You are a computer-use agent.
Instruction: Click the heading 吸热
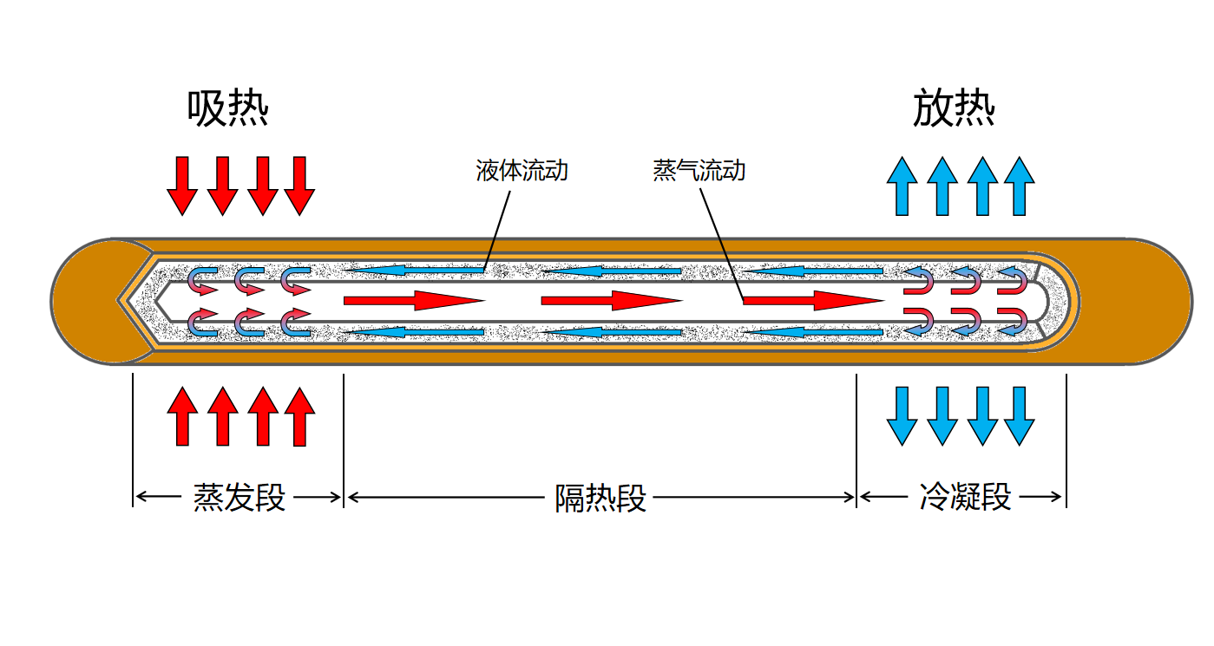(x=228, y=110)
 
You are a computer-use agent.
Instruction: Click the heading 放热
(x=954, y=110)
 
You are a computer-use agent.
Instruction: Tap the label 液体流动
(x=522, y=170)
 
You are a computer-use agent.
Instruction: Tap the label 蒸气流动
(x=699, y=170)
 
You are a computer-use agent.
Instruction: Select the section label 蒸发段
(x=239, y=498)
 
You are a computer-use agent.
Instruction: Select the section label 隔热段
(x=600, y=499)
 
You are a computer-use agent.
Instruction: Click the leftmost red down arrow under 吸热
(x=182, y=186)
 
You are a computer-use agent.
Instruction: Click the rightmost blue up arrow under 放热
(x=1020, y=186)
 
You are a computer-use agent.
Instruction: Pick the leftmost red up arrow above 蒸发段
(x=182, y=416)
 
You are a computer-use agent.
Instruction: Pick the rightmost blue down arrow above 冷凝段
(x=1020, y=416)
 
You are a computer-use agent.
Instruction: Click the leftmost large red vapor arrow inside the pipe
(x=412, y=301)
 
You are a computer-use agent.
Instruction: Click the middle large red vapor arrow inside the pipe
(x=610, y=301)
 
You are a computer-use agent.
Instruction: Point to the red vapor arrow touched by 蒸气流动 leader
(x=811, y=301)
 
